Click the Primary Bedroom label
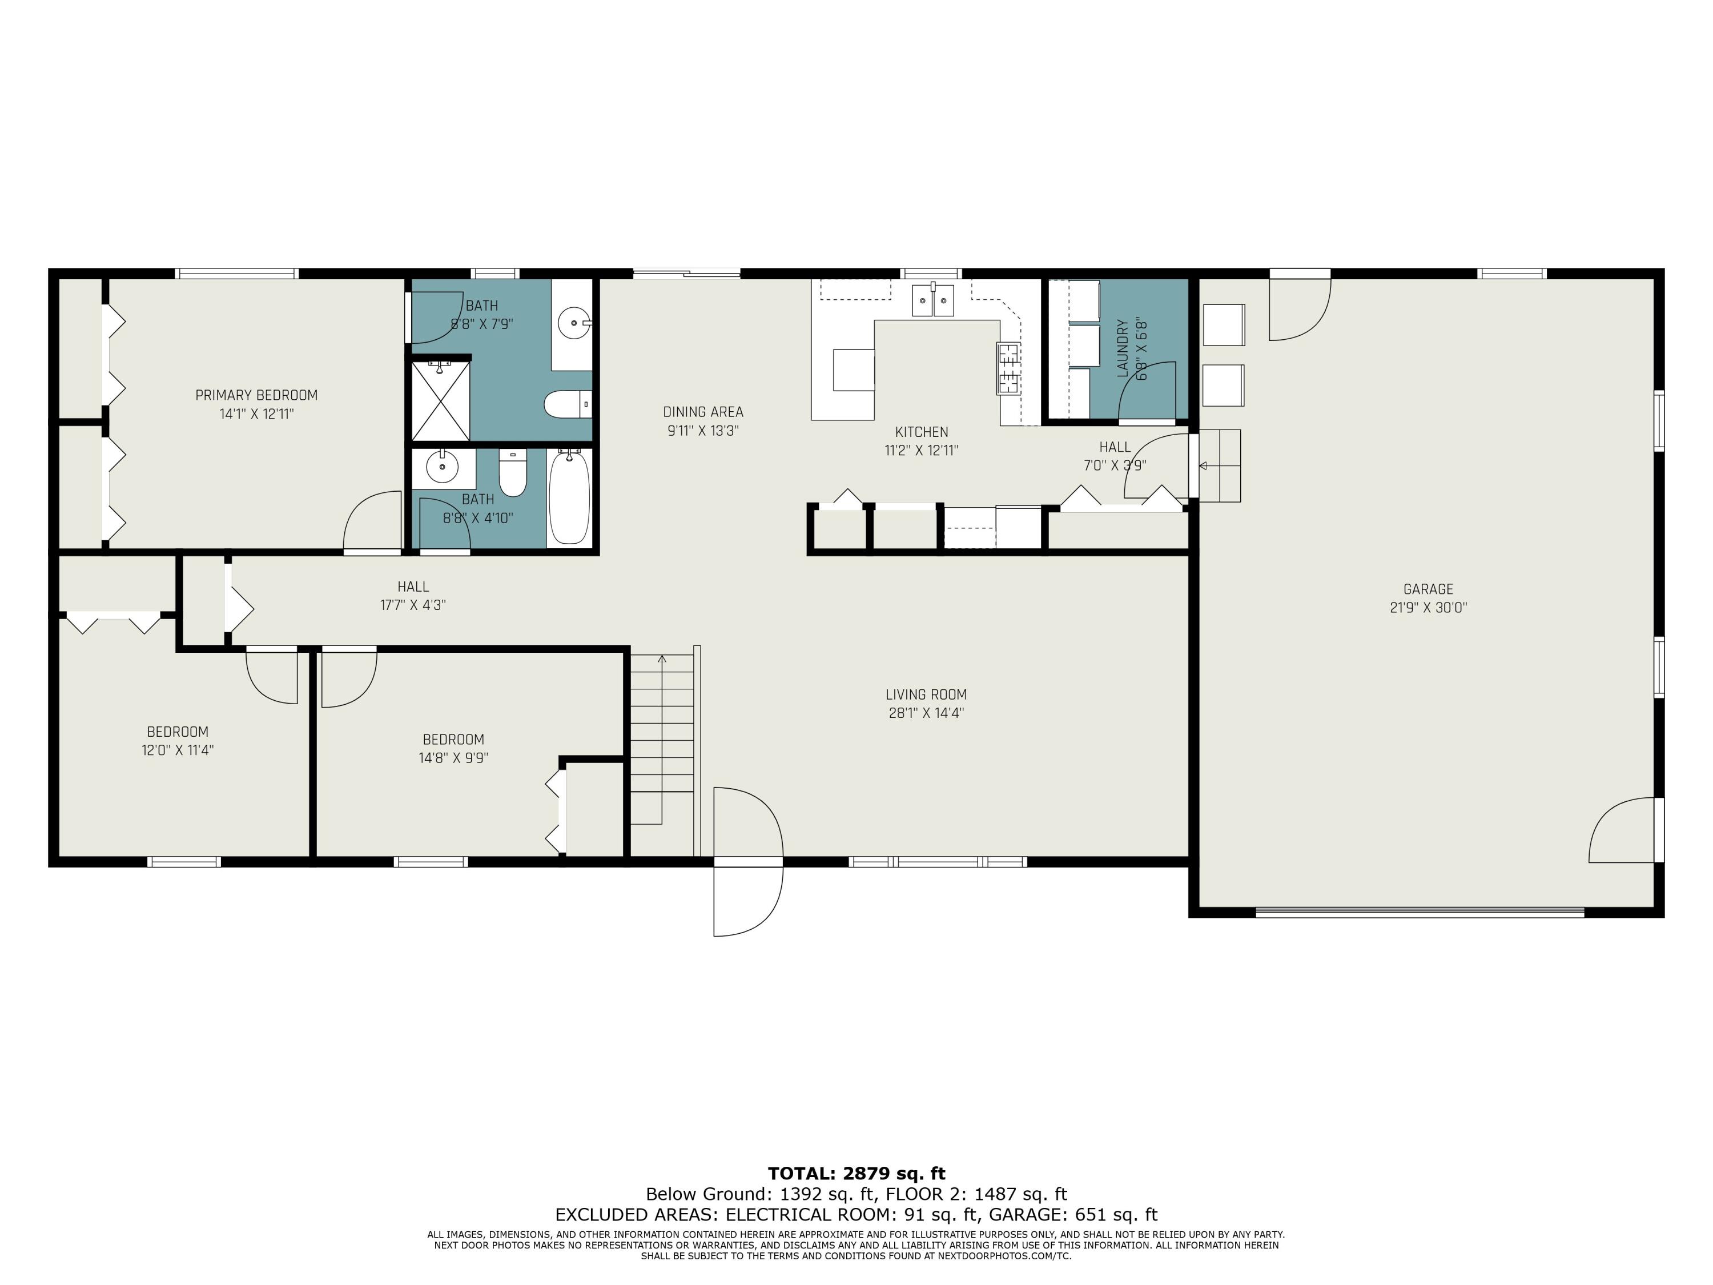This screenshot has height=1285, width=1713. [x=256, y=395]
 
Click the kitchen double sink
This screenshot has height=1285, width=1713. [x=933, y=300]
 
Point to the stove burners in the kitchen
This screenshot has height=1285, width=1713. [x=1008, y=369]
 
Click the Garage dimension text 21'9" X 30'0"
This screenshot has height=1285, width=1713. [x=1428, y=608]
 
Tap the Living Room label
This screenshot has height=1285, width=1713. [x=926, y=695]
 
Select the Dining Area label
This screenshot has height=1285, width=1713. [x=703, y=412]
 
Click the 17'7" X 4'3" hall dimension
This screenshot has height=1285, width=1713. [x=413, y=605]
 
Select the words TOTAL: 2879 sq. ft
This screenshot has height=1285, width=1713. [x=856, y=1174]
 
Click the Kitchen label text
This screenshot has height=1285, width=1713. [x=922, y=432]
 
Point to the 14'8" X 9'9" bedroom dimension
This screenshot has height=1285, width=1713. [x=454, y=758]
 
